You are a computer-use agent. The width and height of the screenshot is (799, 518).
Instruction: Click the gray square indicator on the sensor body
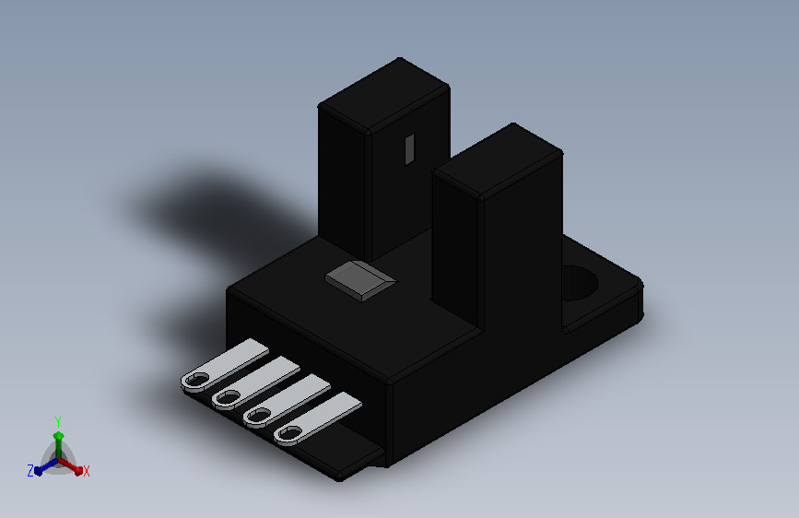(360, 281)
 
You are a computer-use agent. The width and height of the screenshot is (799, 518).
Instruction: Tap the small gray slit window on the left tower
(410, 149)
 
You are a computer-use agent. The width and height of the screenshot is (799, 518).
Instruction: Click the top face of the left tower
(383, 95)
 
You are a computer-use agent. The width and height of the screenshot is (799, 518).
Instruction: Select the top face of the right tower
(498, 160)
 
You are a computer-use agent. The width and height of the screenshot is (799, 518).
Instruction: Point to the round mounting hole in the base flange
(579, 282)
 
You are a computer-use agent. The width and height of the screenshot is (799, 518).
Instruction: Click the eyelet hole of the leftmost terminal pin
(196, 380)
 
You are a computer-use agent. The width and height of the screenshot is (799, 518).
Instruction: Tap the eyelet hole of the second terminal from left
(228, 397)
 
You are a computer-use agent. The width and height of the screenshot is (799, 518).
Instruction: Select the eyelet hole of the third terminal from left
(258, 415)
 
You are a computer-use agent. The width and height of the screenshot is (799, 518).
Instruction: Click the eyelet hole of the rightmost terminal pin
(289, 433)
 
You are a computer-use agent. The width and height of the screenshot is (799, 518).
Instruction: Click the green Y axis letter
(58, 421)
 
